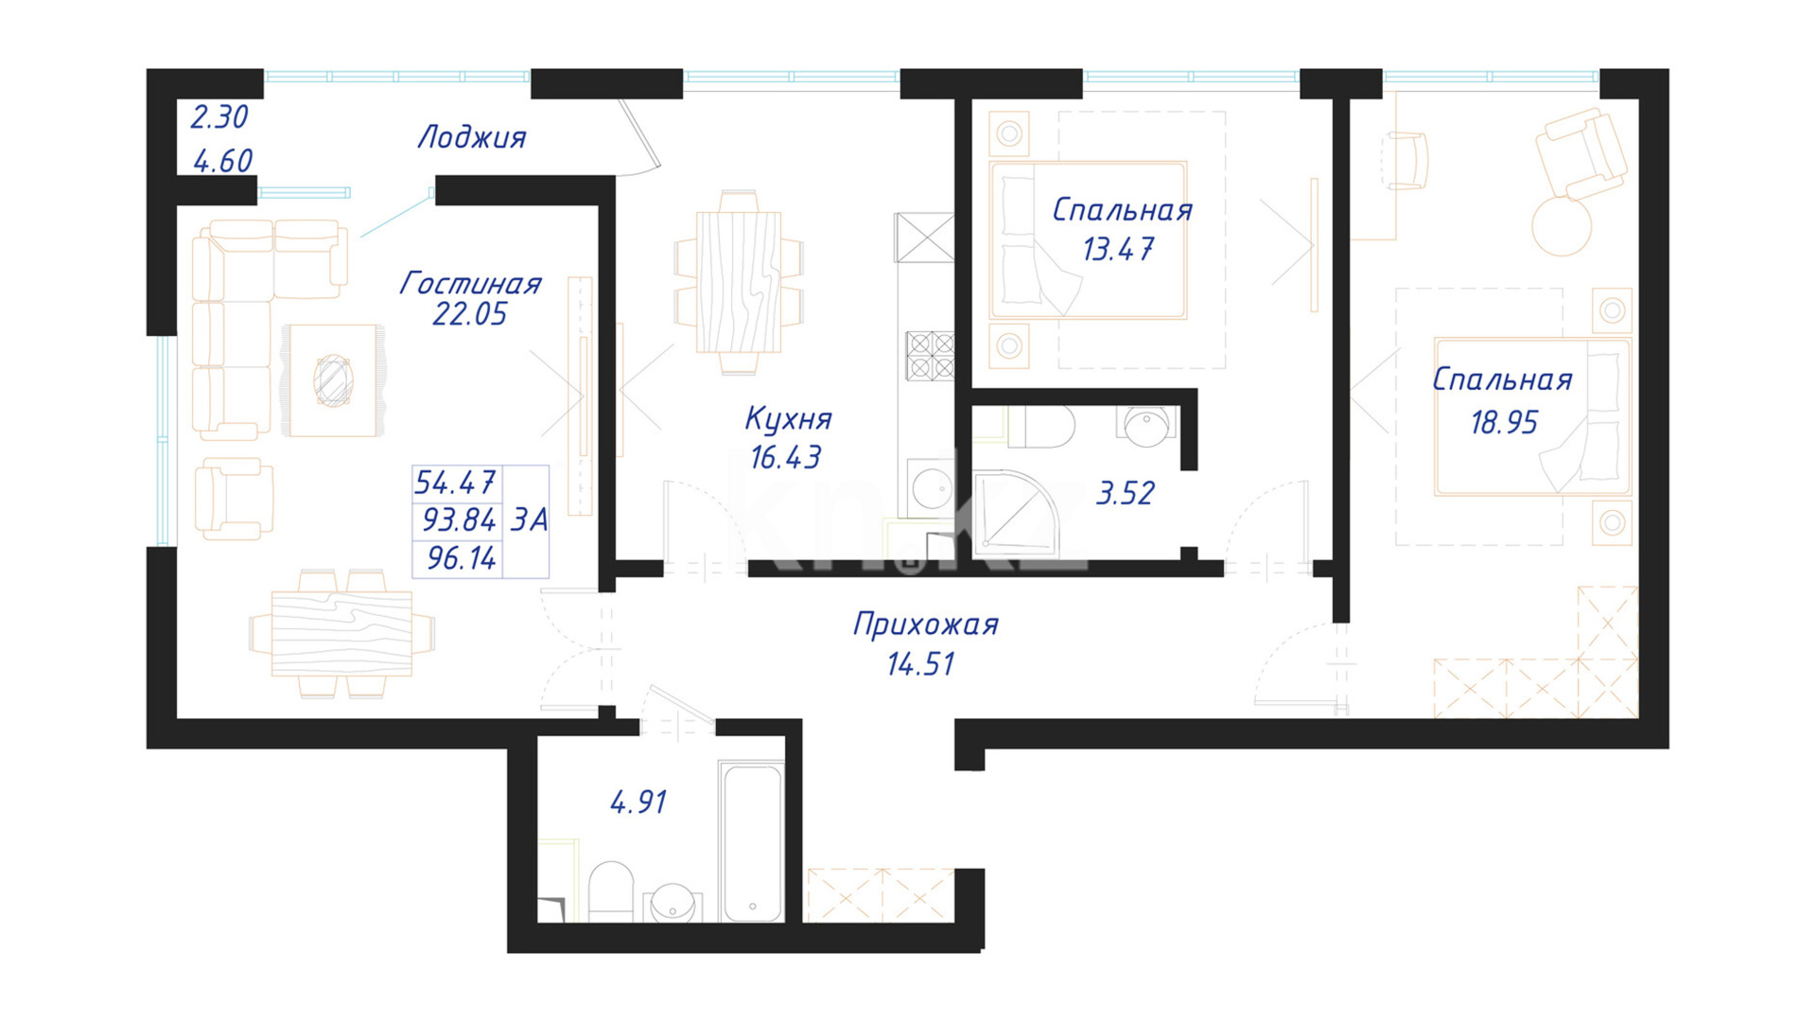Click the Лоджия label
pos(472,138)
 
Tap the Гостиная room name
pos(470,283)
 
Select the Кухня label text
pos(788,418)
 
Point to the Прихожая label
pos(926,625)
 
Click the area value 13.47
pos(1118,250)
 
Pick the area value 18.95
pos(1504,422)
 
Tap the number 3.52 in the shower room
pos(1125,493)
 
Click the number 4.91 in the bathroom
pos(638,802)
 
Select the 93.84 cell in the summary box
pos(459,520)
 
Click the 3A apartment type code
pos(529,520)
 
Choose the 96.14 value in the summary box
pos(461,558)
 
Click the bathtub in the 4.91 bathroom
pos(751,841)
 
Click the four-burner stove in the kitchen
pos(930,356)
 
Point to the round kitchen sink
pos(932,489)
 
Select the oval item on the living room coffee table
pos(333,380)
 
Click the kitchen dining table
pos(739,282)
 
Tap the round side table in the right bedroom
pos(1562,226)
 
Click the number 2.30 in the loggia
pos(219,117)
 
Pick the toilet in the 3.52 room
pos(1040,427)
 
